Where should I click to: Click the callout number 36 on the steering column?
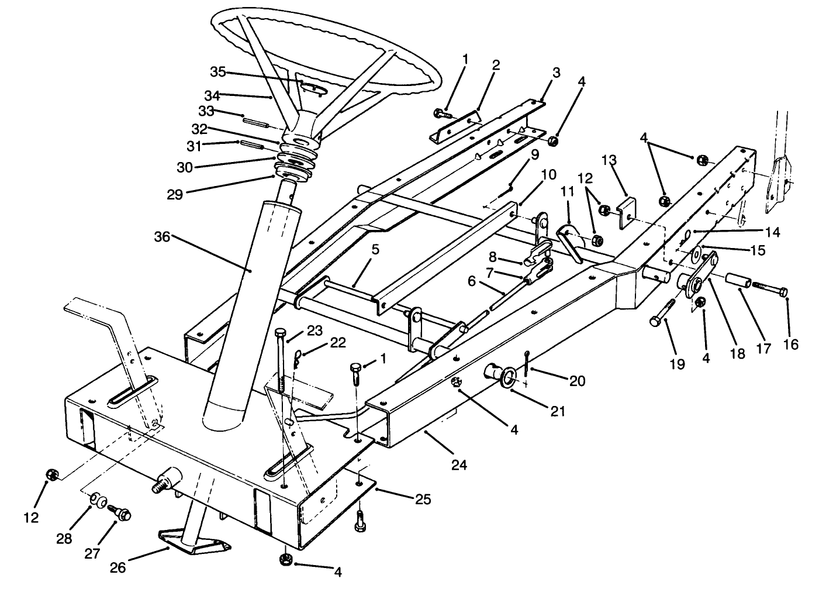tap(164, 236)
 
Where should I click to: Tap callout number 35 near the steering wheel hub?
tap(217, 72)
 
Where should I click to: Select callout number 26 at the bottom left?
tap(118, 568)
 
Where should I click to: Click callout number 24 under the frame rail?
tap(459, 466)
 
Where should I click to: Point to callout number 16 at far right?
tap(790, 345)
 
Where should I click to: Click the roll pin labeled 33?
tap(256, 123)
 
